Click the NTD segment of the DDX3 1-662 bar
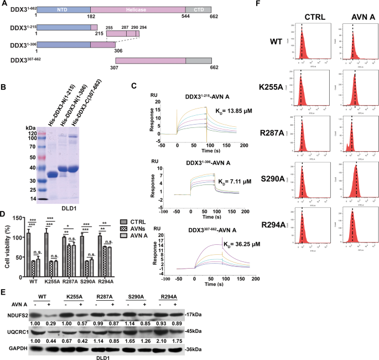coord(63,11)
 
